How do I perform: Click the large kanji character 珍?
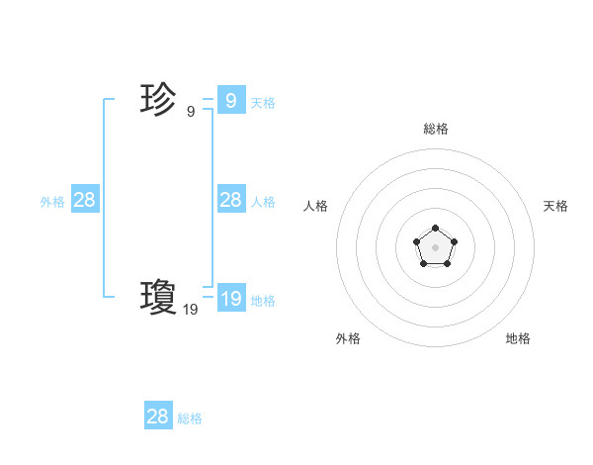coord(159,100)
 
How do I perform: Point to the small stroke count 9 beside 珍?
coord(191,112)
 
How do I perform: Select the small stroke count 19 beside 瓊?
coord(191,310)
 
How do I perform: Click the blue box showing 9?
coord(230,100)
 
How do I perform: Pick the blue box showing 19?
coord(230,298)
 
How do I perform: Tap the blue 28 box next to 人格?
coord(230,199)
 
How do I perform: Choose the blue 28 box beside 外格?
coord(84,199)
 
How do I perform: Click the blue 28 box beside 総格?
coord(157,416)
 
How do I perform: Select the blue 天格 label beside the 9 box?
coord(263,103)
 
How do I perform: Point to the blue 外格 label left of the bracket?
coord(52,202)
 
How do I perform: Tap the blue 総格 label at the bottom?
coord(190,418)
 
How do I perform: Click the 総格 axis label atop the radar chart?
coord(435,129)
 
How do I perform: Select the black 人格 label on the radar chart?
coord(315,206)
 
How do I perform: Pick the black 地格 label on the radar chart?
coord(518,338)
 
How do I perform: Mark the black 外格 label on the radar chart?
coord(348,338)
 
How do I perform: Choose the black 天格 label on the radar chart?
coord(555,206)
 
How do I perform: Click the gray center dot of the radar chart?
coord(435,246)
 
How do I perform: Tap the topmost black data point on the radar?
coord(435,229)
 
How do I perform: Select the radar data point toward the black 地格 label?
coord(447,263)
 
